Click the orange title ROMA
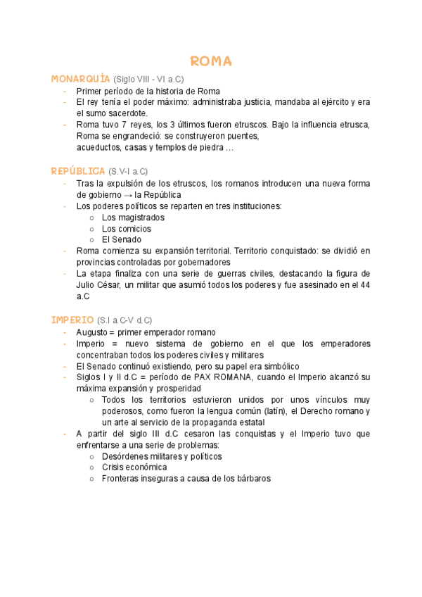coord(211,62)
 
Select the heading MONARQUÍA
coord(81,79)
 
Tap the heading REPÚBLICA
coord(78,171)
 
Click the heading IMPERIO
coord(72,320)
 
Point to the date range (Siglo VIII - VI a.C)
coord(148,80)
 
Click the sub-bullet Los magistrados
coord(133,218)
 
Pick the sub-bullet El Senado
coord(121,239)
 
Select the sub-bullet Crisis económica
coord(134,467)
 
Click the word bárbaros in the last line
coord(252,478)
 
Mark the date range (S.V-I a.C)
coord(129,172)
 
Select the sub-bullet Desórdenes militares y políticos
coord(162,456)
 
